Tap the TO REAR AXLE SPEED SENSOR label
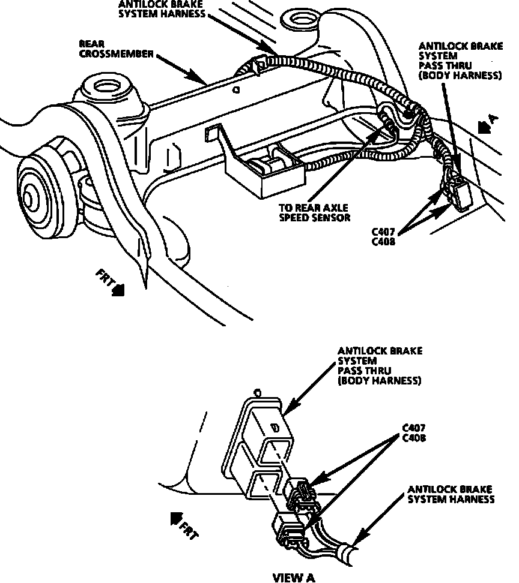(x=314, y=213)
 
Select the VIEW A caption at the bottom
(x=294, y=577)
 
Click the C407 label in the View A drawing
(x=414, y=428)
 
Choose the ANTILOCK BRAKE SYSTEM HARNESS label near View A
(x=451, y=494)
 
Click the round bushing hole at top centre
(x=299, y=22)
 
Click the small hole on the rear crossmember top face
(x=235, y=91)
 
